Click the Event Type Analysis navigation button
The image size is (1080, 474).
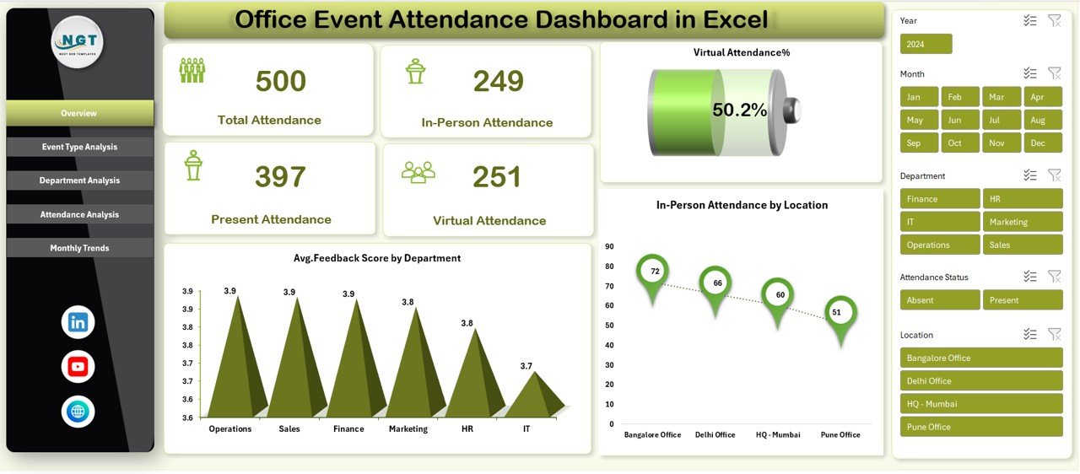tap(79, 147)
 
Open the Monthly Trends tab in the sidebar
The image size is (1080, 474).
tap(79, 248)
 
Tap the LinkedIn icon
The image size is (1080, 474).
tap(78, 322)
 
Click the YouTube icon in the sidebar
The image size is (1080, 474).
tap(78, 367)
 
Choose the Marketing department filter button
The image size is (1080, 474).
tap(1022, 222)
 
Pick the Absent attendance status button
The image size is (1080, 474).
tap(939, 300)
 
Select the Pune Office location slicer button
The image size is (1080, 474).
tap(980, 427)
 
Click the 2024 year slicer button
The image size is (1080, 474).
tap(926, 44)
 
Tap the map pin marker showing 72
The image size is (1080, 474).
tap(652, 274)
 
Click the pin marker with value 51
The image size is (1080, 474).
tap(840, 315)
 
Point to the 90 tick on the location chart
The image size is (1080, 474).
tap(609, 246)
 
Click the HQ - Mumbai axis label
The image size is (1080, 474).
tap(777, 435)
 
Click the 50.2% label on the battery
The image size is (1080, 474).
tap(739, 110)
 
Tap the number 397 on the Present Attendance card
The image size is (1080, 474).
tap(282, 177)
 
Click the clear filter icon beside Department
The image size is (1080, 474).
tap(1054, 175)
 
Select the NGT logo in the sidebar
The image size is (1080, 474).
tap(78, 42)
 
